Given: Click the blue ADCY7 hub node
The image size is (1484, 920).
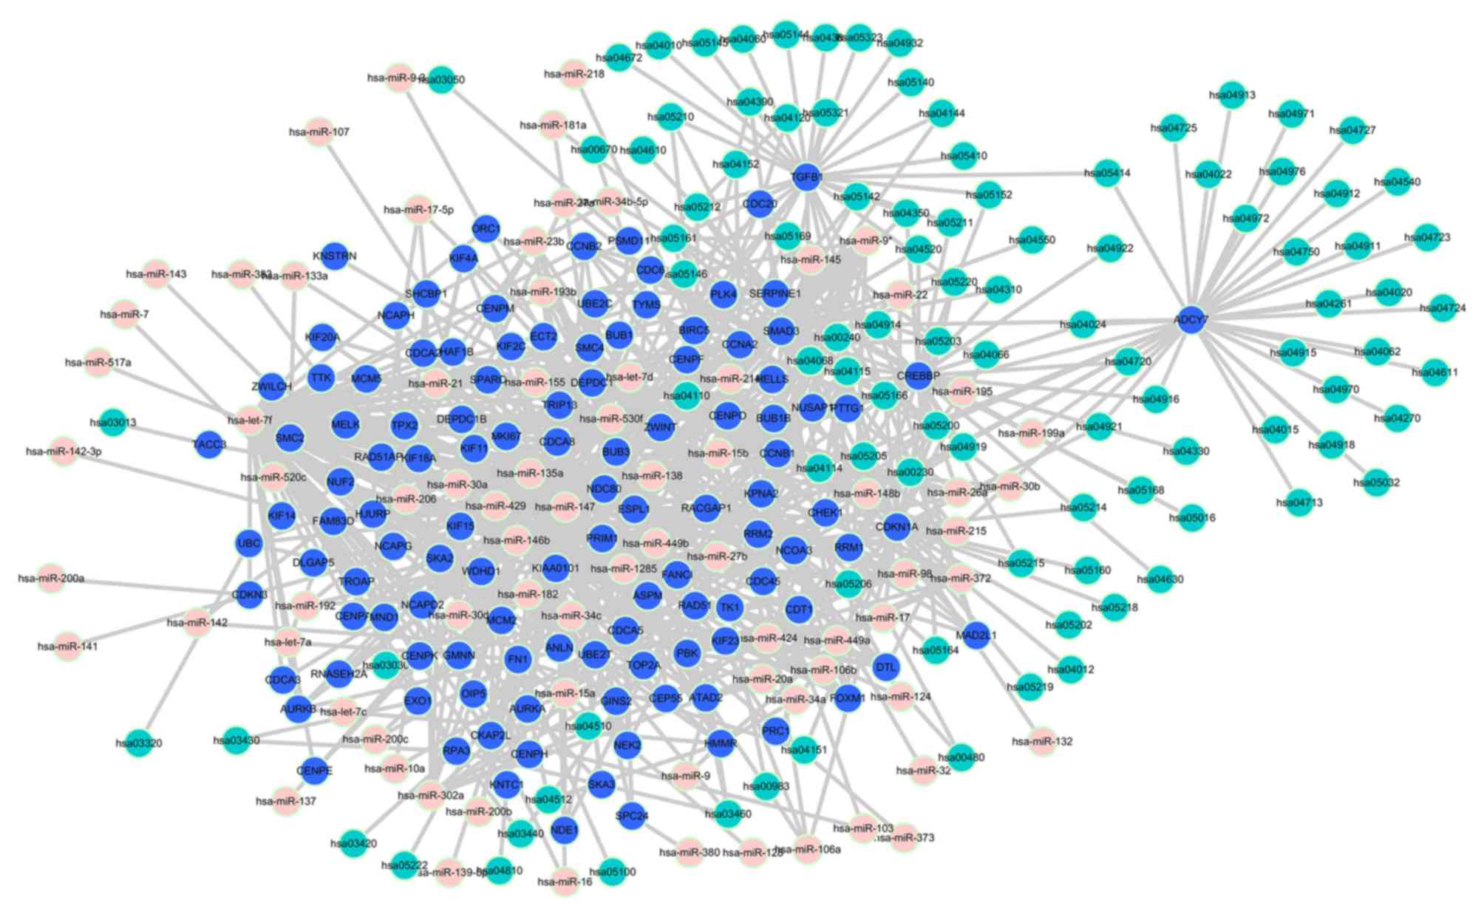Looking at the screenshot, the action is (x=1190, y=320).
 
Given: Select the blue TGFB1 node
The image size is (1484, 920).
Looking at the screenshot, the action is (x=806, y=177).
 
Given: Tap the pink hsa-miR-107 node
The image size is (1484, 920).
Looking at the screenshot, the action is (x=319, y=132).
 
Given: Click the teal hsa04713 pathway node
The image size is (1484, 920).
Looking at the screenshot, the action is (x=1298, y=502).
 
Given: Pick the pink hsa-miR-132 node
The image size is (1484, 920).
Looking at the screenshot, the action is (x=1042, y=740).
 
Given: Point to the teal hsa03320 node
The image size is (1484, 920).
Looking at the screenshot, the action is (x=138, y=743).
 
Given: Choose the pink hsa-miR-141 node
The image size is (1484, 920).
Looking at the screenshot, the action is (x=67, y=647).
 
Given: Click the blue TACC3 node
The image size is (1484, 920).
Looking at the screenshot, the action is (x=209, y=444).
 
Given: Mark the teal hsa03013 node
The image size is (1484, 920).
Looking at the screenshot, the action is (x=113, y=423).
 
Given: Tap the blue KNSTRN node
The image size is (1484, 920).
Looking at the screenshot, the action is (x=334, y=256).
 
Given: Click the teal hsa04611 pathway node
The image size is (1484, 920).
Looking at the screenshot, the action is (x=1434, y=372).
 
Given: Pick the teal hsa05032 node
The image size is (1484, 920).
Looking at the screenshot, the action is (x=1376, y=483).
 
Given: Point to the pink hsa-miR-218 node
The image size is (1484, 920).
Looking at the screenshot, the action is (x=573, y=74).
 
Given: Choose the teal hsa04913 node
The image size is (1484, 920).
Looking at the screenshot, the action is (x=1232, y=95).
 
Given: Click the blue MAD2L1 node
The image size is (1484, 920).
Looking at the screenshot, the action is (x=977, y=635).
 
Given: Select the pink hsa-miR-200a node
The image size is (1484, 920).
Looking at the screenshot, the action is (x=51, y=578).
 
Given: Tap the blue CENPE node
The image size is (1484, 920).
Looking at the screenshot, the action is (x=314, y=771).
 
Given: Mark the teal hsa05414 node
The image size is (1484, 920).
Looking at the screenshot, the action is (x=1107, y=173).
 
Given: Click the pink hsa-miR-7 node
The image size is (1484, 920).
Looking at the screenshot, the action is (x=124, y=314).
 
